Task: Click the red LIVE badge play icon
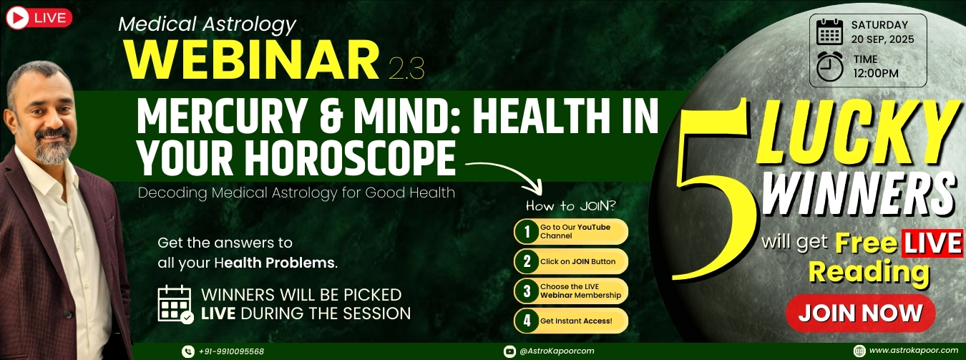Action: coord(17,19)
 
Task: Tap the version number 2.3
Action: coord(406,69)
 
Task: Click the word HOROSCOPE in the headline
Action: coord(351,159)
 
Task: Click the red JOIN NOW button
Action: coord(860,313)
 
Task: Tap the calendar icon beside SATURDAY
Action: coord(830,31)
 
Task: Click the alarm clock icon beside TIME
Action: coord(830,66)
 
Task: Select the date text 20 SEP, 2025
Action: coord(882,39)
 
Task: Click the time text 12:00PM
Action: coord(876,73)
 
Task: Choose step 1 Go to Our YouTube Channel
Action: coord(571,231)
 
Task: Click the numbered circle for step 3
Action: coord(527,291)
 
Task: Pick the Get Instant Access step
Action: coord(571,321)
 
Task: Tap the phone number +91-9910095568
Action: coord(231,351)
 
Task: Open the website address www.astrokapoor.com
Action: coord(913,351)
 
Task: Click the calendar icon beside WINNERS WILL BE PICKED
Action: coord(175,304)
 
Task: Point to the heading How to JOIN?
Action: coord(570,206)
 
